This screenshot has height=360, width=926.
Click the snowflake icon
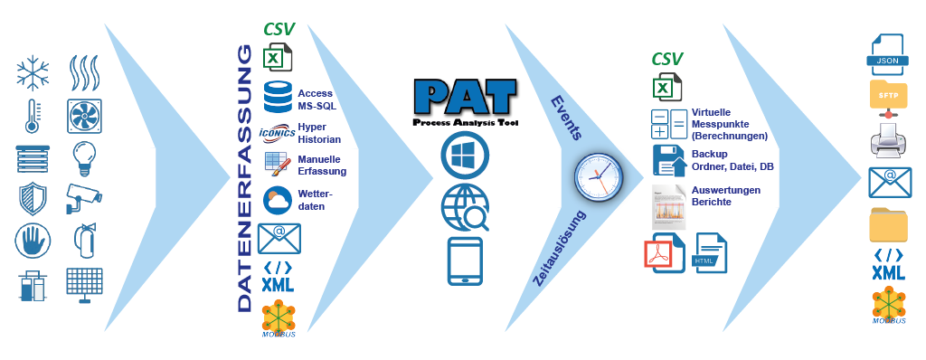(32, 72)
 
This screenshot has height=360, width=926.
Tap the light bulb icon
(84, 156)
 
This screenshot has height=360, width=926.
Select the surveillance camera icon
(84, 197)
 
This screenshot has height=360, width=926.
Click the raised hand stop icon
(32, 241)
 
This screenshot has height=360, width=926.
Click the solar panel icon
(84, 284)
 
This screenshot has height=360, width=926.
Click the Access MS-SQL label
(317, 99)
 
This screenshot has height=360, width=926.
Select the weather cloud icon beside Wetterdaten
(277, 199)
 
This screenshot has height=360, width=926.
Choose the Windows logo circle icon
(464, 155)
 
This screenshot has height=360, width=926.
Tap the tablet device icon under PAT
(464, 261)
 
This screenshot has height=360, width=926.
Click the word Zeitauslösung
(562, 248)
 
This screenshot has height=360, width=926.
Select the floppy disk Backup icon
(668, 159)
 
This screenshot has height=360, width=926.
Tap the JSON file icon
(888, 55)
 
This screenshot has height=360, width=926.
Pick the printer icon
(888, 141)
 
